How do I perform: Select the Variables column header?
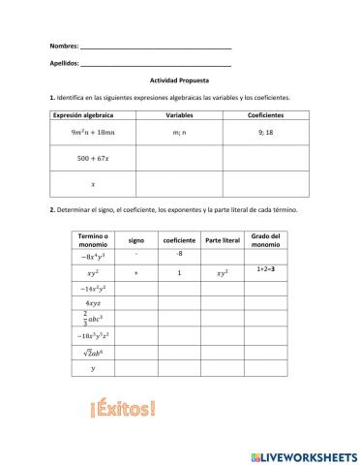[x=180, y=114]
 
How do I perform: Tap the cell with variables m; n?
[x=180, y=132]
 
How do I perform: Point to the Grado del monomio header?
[x=266, y=239]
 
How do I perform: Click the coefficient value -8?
[x=179, y=254]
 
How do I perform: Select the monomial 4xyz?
[x=95, y=304]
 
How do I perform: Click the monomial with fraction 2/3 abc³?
[x=95, y=321]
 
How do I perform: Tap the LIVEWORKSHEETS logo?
[x=302, y=454]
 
